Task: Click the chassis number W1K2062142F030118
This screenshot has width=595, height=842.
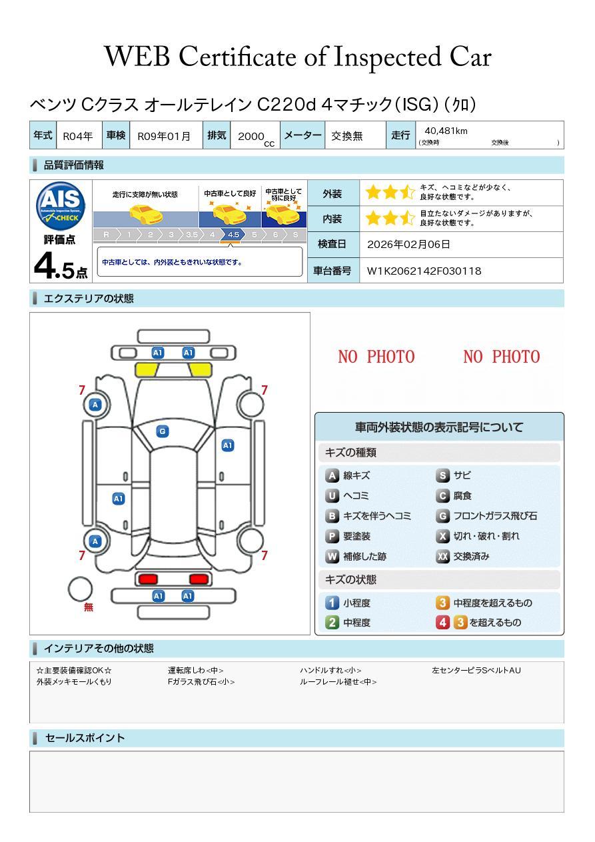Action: click(424, 271)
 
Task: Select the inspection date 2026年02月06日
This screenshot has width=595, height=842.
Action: click(408, 244)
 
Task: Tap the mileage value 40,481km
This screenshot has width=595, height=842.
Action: click(446, 131)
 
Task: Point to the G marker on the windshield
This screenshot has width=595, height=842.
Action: click(162, 431)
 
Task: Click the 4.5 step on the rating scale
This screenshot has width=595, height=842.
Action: click(233, 235)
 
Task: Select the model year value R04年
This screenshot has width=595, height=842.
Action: click(77, 136)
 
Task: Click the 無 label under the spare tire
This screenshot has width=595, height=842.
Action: click(89, 607)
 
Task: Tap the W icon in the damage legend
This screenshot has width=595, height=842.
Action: click(332, 556)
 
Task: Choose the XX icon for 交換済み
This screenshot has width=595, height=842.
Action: click(442, 556)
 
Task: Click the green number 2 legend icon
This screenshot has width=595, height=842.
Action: click(332, 623)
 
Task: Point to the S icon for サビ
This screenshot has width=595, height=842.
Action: click(442, 475)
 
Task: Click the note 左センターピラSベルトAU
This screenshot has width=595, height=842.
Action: click(476, 670)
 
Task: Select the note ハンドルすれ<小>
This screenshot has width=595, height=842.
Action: click(330, 670)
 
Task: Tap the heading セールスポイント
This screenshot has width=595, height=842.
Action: click(85, 738)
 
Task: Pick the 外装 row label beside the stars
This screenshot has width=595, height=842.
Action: click(332, 194)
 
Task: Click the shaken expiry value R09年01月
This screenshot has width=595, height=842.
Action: click(164, 136)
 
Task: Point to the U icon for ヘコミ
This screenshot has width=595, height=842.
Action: click(332, 496)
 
